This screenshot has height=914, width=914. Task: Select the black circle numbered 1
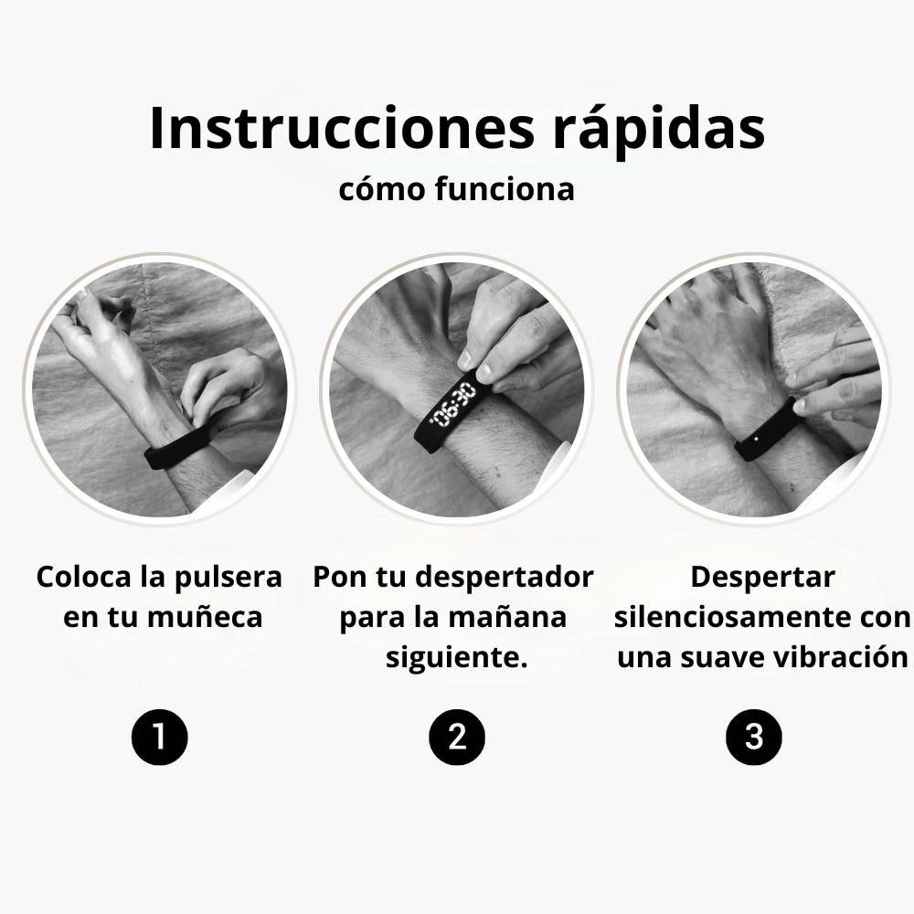[x=159, y=736]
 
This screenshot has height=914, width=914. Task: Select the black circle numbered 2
[x=457, y=736]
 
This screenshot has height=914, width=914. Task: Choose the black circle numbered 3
[x=754, y=736]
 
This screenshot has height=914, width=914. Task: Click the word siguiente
[x=456, y=657]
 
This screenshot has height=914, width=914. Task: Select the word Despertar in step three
[x=762, y=578]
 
